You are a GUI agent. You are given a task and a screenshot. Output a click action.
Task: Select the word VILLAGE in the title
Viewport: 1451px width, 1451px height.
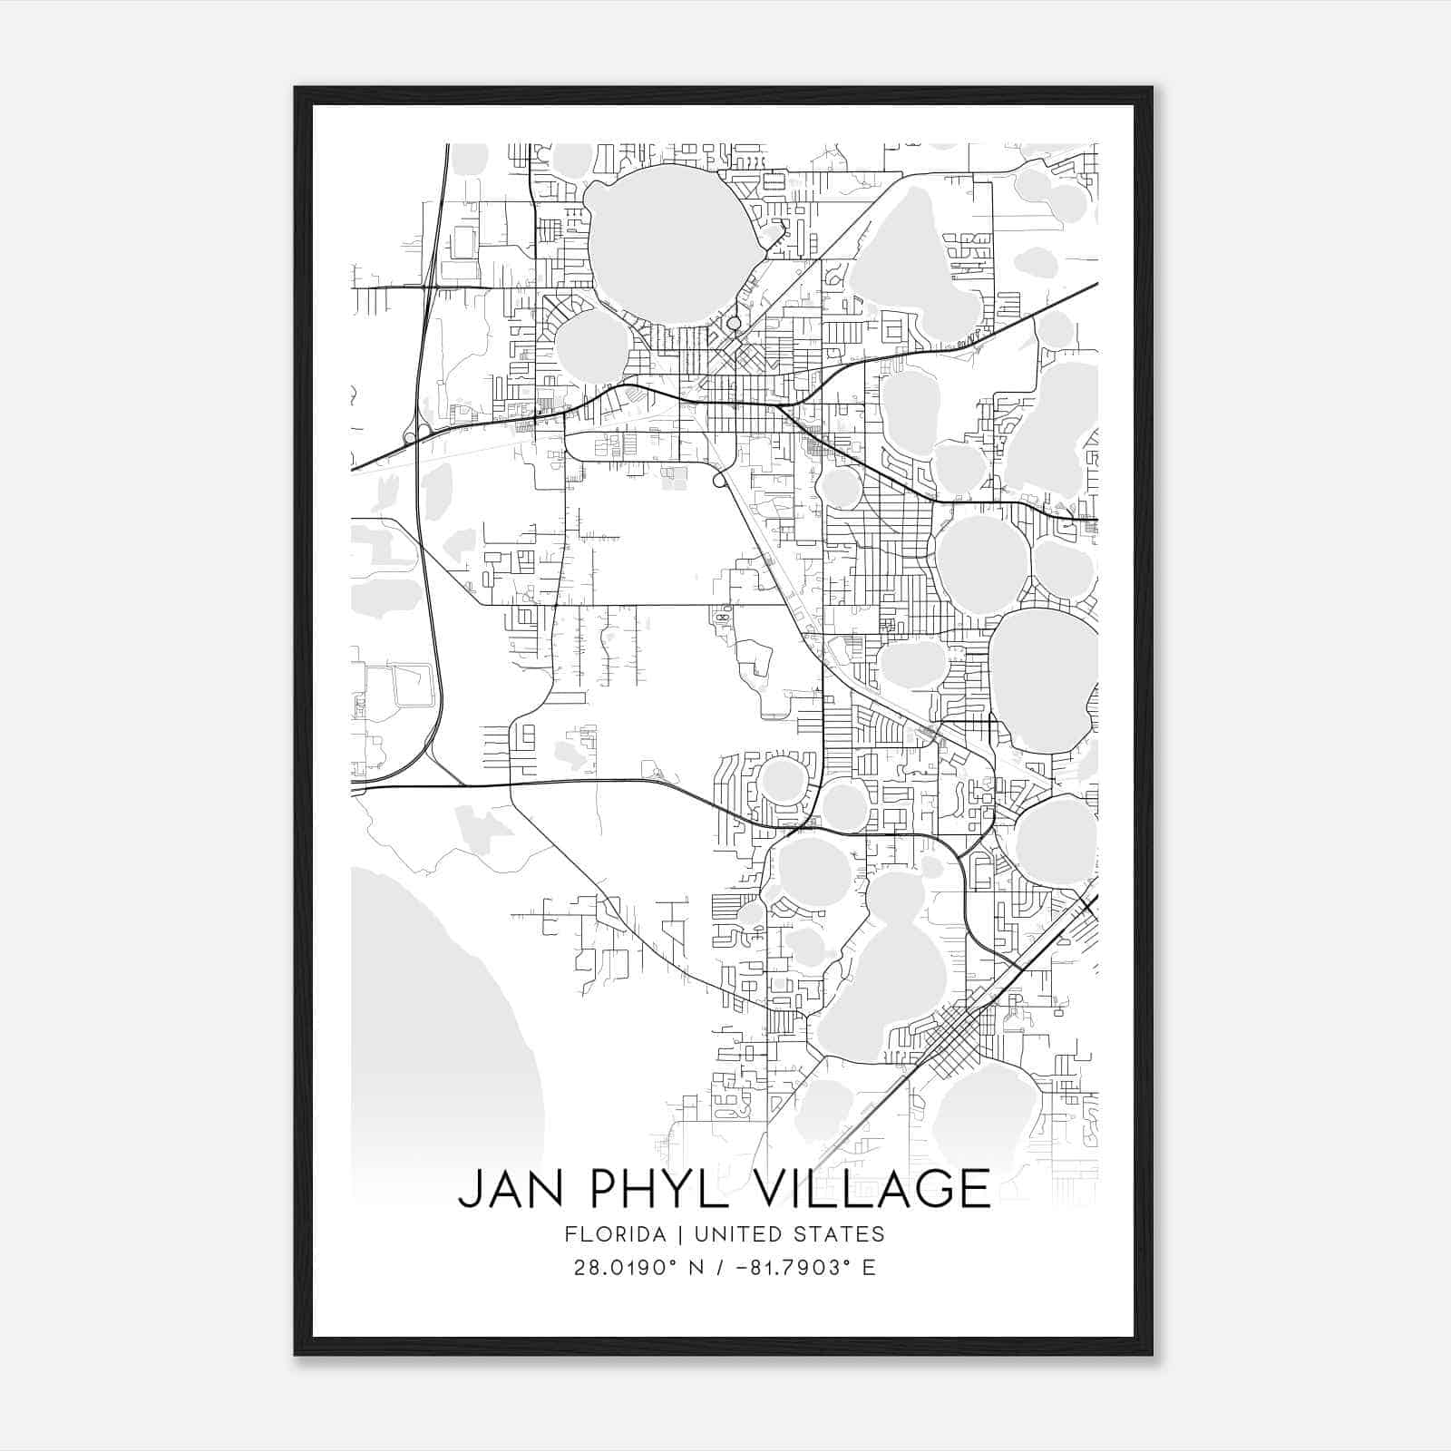(x=870, y=1189)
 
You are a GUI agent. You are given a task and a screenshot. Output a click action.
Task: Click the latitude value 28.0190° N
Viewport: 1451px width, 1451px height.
(x=632, y=1268)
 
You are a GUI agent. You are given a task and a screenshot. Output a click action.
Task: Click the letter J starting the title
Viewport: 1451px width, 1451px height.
(x=470, y=1189)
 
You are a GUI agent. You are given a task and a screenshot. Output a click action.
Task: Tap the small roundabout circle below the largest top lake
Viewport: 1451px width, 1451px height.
(x=734, y=322)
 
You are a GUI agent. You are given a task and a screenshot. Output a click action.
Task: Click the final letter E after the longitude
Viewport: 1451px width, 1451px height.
(x=870, y=1268)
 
